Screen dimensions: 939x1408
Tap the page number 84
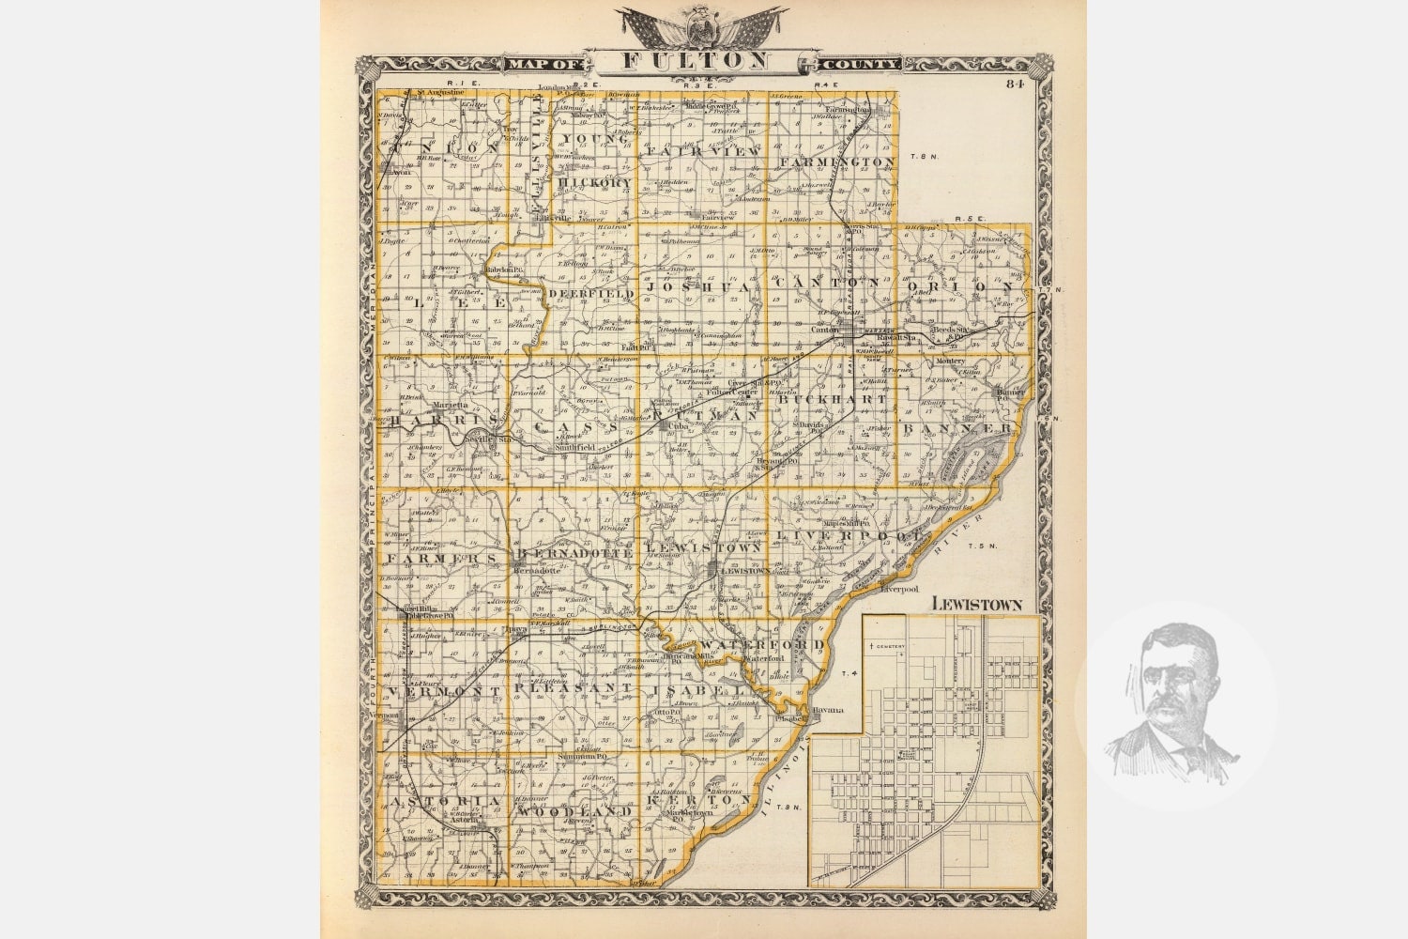[x=1014, y=84]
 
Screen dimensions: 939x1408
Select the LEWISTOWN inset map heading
[x=976, y=604]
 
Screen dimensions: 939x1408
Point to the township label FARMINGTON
[x=836, y=162]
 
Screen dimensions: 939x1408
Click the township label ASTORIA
[x=438, y=801]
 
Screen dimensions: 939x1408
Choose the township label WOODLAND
[x=574, y=809]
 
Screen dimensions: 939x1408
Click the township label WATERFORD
[x=762, y=643]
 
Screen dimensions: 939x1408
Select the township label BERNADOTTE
[x=574, y=554]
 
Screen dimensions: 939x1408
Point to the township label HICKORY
[x=593, y=181]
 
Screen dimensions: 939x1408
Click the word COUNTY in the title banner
[x=863, y=64]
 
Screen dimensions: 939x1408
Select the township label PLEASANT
[x=571, y=688]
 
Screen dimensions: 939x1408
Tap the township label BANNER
[x=957, y=428]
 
